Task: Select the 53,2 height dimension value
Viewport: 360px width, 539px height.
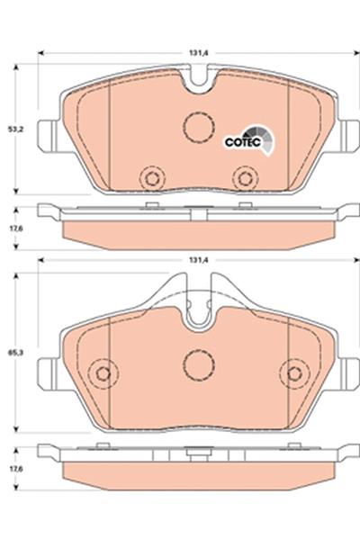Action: tap(14, 130)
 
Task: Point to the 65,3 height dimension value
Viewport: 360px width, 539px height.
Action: tap(14, 353)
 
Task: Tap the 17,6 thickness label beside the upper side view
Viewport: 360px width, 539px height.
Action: tap(14, 228)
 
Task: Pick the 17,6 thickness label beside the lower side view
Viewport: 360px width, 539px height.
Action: tap(14, 468)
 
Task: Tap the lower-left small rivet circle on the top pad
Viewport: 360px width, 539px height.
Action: tap(152, 178)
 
